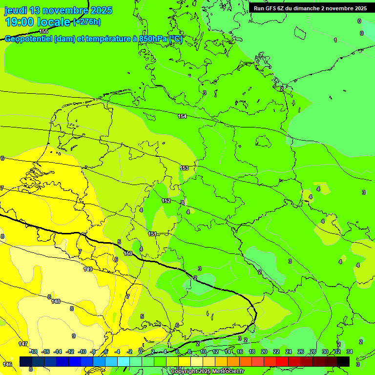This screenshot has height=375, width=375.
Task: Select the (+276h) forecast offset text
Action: point(86,21)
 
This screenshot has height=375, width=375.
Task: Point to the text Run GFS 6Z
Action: point(271,8)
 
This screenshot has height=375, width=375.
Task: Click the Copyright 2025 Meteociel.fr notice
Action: point(208,372)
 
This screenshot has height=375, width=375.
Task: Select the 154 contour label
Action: point(182,116)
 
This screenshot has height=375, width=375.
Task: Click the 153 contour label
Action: point(185,168)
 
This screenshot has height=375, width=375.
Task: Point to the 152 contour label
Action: point(166,201)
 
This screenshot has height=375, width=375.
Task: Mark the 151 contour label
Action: point(152,234)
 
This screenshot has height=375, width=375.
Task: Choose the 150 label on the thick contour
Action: point(128,253)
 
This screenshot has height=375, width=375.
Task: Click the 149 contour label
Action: point(88,269)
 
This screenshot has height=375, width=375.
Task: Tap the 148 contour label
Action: point(56,301)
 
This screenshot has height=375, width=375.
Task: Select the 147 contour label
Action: point(23,344)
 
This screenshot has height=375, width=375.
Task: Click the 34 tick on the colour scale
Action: point(349,352)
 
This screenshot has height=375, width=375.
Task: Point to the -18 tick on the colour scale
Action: point(33,352)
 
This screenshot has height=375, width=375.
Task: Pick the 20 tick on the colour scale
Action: point(264,352)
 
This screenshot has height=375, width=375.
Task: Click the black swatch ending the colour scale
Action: point(343,361)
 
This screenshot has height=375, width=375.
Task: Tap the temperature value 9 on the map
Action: point(74,336)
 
